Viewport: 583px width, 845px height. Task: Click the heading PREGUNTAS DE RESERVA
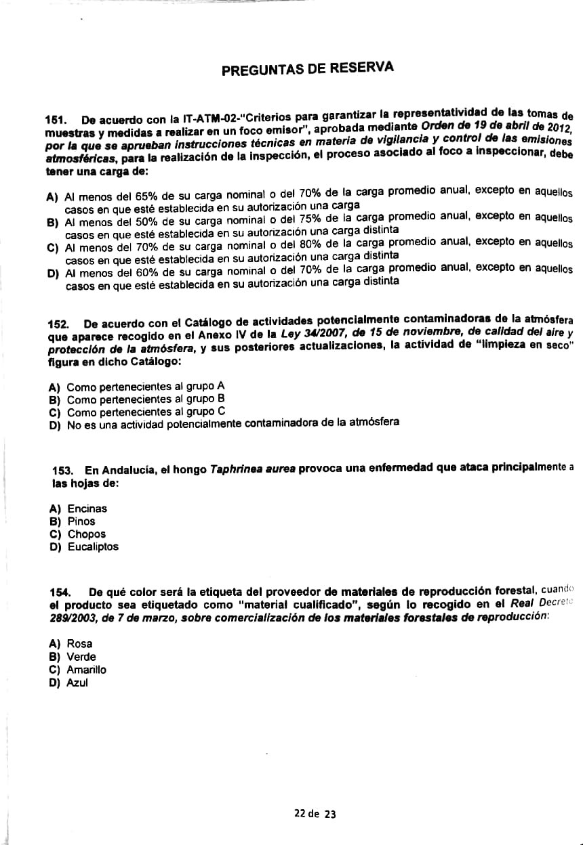pos(308,68)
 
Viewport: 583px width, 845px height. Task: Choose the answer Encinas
pos(87,508)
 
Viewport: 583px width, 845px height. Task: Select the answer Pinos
pos(81,521)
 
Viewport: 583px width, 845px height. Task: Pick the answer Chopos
pos(86,534)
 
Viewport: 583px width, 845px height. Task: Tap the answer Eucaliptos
pos(93,547)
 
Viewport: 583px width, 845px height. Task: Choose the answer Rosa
pos(79,644)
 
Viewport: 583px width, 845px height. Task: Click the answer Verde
pos(81,657)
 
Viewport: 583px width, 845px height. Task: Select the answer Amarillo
pos(86,670)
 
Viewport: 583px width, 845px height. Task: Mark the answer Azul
pos(77,682)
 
